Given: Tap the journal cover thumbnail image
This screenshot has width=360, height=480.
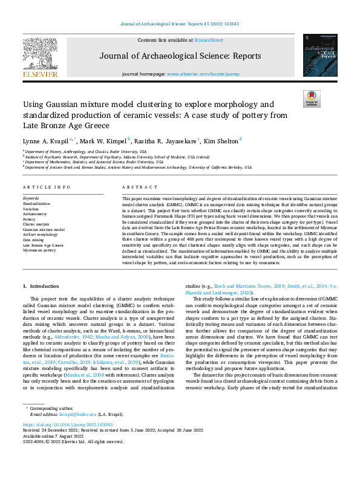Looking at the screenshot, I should [319, 55].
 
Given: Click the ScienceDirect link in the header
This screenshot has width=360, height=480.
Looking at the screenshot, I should [208, 39].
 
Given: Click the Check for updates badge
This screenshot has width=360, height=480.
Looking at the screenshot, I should [312, 99].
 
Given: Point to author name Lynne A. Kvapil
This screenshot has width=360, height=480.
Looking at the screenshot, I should [50, 140].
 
